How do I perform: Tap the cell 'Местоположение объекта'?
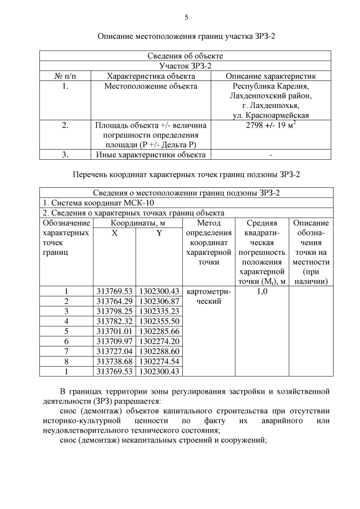coord(151,86)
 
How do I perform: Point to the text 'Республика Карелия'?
coord(271,86)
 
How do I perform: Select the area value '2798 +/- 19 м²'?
coord(271,125)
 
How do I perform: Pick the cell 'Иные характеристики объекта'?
coord(151,155)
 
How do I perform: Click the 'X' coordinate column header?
coord(114,233)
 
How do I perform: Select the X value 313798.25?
coord(114,311)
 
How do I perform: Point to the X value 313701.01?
coord(114,331)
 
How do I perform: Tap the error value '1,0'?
coord(262,291)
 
